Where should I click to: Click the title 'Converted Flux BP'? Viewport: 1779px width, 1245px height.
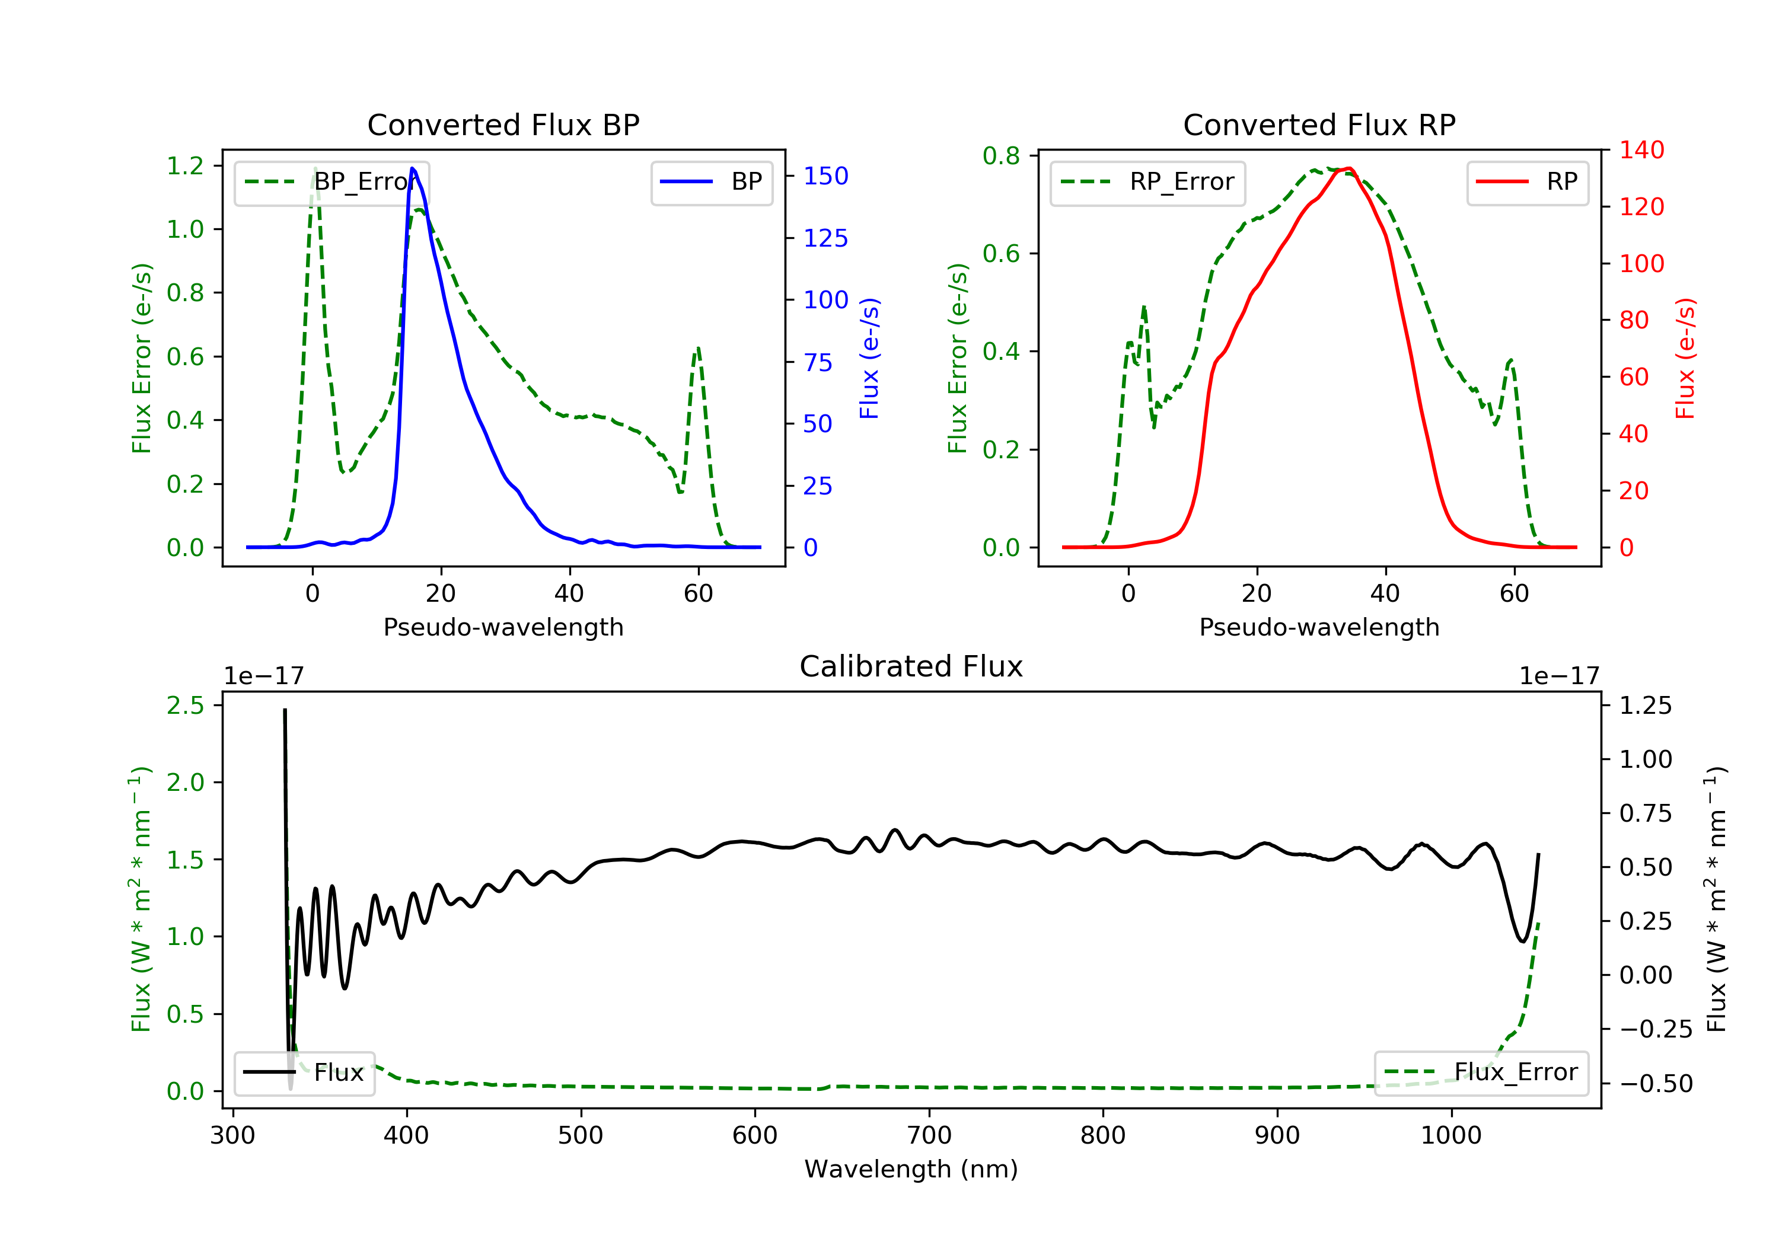tap(503, 124)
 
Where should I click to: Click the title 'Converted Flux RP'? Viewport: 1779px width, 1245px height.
tap(1319, 124)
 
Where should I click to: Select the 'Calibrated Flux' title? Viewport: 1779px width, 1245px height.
tap(911, 666)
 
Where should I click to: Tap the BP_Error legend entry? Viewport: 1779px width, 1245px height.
tap(331, 182)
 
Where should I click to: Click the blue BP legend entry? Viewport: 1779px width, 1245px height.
tap(711, 182)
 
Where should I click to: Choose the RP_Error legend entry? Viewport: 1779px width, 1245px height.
tap(1147, 182)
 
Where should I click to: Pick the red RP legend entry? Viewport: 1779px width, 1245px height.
tap(1527, 182)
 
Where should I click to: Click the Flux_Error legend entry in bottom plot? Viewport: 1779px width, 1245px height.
tap(1481, 1072)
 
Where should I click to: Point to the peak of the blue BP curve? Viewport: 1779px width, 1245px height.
tap(412, 168)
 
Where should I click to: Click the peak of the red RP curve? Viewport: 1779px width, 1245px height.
tap(1349, 168)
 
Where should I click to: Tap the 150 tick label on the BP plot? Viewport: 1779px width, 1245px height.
tap(825, 176)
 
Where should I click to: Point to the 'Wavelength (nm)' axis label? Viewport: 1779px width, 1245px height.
tap(911, 1169)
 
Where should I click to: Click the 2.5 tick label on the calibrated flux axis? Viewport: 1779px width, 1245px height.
tap(185, 705)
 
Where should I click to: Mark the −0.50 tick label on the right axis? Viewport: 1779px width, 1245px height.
tap(1656, 1083)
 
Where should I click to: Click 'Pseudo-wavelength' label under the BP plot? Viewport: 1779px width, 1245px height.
tap(503, 627)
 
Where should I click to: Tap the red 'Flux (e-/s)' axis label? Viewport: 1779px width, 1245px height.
tap(1685, 358)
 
